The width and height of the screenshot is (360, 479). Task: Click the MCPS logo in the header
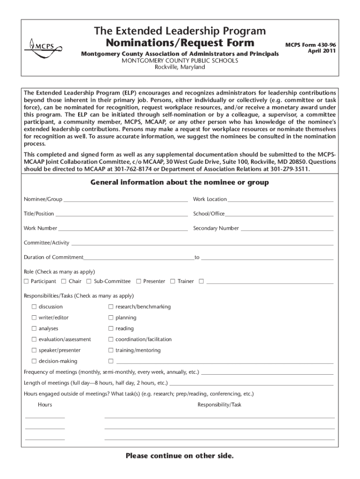[42, 47]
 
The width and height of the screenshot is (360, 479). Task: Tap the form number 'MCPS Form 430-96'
[310, 45]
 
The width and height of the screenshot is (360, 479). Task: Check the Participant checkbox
[26, 282]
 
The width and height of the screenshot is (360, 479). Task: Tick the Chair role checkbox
[64, 282]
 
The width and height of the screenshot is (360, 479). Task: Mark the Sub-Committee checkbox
[89, 282]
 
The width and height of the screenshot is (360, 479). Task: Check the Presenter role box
[138, 282]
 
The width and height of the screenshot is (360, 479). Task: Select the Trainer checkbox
[173, 282]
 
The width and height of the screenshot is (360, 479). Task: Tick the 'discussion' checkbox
[34, 307]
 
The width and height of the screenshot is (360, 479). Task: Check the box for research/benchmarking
[111, 307]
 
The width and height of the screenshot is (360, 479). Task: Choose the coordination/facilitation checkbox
[111, 340]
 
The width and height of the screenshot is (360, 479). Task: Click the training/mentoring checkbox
[111, 350]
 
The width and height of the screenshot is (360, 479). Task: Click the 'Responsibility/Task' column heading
[219, 405]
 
